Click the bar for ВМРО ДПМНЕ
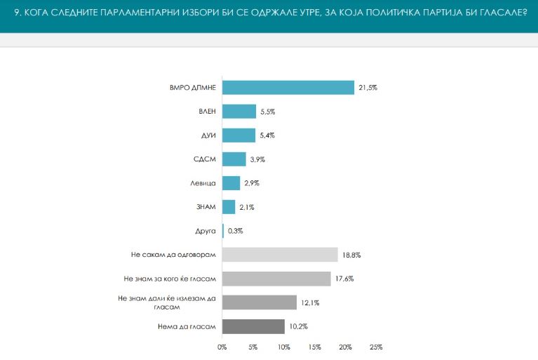tap(288, 88)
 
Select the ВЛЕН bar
tap(239, 112)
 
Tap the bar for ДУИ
tap(238, 135)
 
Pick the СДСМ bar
tap(234, 159)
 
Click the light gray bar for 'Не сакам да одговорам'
tap(280, 255)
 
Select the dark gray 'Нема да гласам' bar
tap(253, 326)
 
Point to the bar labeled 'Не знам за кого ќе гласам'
tap(276, 279)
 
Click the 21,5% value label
tap(368, 88)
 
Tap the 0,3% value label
tap(236, 231)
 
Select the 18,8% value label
tap(351, 255)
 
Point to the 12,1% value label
tap(310, 302)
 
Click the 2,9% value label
tap(252, 183)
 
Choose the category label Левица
tap(203, 183)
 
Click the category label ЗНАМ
tap(206, 207)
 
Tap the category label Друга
tap(206, 231)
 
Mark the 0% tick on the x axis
tap(222, 347)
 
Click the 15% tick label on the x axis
tap(315, 347)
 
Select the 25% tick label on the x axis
tap(376, 347)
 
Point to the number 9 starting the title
tap(16, 13)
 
